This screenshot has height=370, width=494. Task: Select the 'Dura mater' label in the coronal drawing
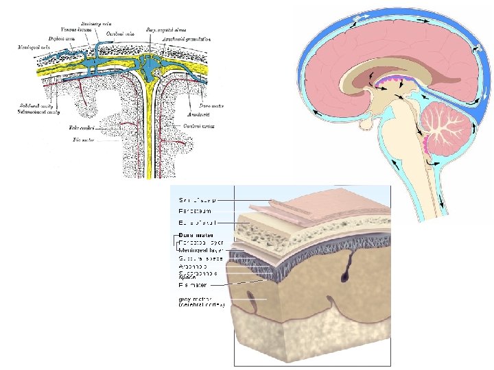209,106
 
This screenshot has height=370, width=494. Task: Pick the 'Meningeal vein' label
32,47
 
